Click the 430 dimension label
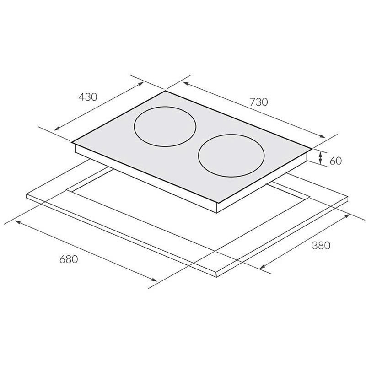(88, 97)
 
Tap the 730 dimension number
(258, 102)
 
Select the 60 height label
(335, 161)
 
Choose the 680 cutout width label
(69, 259)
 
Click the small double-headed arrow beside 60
(321, 158)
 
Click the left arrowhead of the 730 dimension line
(185, 83)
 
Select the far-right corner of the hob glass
(312, 148)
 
